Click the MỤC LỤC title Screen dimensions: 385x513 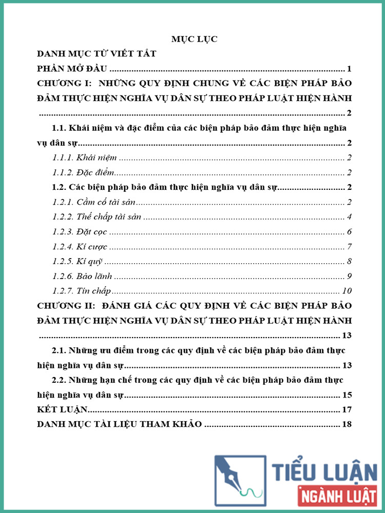[194, 40]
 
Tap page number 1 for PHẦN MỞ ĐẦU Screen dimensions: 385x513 [349, 69]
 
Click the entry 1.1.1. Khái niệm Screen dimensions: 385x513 [85, 158]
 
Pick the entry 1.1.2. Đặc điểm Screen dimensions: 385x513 [83, 173]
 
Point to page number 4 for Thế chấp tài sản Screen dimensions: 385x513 [349, 217]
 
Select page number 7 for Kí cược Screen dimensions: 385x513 [349, 247]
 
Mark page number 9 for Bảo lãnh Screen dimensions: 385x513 [349, 277]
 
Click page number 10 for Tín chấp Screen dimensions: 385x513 [346, 291]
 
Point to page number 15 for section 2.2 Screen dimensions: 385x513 [346, 396]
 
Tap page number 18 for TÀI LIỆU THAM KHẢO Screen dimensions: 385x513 [346, 425]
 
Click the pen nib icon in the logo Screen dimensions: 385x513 [239, 480]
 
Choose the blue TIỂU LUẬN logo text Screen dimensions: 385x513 [324, 471]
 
